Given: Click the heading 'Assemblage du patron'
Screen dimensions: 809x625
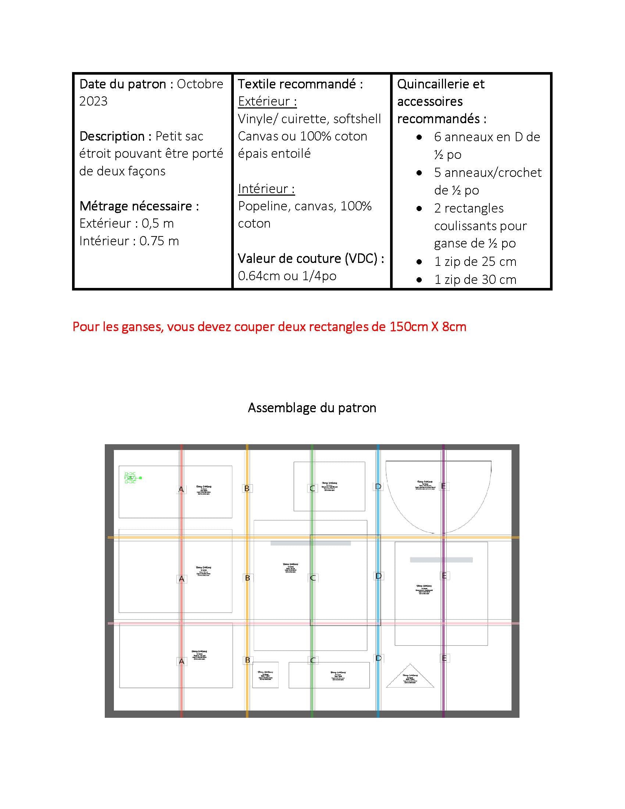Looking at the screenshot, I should [312, 408].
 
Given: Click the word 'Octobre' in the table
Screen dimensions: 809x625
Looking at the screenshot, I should [200, 84].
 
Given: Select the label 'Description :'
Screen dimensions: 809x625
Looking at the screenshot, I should [115, 136].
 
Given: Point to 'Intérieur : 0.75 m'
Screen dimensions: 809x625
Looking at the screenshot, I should [129, 241].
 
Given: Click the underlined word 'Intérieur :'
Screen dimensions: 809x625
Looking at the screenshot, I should [266, 189].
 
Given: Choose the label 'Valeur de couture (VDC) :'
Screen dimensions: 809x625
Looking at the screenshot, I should [311, 258].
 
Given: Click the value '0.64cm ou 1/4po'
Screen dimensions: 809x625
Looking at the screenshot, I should [287, 276].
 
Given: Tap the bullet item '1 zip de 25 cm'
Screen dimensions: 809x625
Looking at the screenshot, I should [475, 262].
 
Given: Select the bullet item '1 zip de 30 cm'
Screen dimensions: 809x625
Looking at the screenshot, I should [475, 280].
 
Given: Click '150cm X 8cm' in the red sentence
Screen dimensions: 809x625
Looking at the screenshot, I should [428, 327].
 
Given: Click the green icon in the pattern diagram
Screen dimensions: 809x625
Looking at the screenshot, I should [132, 478].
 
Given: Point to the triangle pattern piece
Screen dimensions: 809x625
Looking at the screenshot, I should [410, 678].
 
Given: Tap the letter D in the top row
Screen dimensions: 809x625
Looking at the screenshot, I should [378, 487].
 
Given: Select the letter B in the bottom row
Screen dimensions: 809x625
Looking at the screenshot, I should [247, 660].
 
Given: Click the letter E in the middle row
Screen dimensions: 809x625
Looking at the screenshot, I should [444, 575].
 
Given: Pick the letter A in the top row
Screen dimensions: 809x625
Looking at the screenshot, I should [181, 489].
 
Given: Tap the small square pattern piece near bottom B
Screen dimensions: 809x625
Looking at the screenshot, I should [265, 675].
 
